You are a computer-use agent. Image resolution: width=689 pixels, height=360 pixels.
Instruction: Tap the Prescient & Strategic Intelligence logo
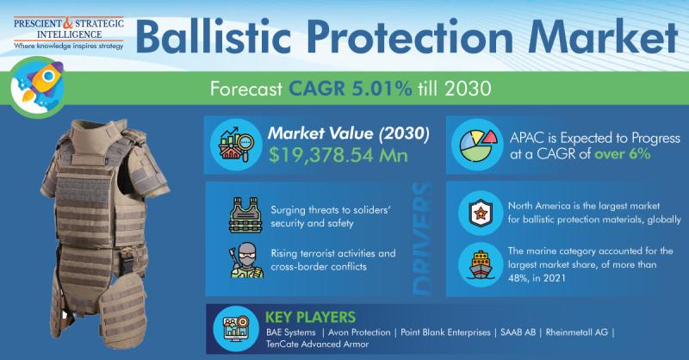click(69, 34)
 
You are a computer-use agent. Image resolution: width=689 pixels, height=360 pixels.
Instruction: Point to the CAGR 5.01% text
click(351, 89)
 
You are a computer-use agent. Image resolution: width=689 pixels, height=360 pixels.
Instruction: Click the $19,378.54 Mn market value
click(338, 155)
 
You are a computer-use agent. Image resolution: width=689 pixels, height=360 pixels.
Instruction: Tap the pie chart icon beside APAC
click(478, 145)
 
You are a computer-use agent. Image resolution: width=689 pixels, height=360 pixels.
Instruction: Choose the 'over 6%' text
click(622, 154)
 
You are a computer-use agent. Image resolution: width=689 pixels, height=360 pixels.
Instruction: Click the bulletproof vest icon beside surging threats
click(245, 215)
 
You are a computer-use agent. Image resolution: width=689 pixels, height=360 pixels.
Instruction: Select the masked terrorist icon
click(246, 260)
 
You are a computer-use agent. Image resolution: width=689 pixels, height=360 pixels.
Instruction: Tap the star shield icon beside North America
click(480, 214)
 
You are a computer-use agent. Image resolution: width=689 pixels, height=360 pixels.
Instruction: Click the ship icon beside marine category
click(481, 264)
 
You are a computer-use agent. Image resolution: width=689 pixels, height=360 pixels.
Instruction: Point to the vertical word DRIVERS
click(422, 239)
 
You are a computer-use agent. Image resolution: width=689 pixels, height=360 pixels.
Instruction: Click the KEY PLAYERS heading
click(310, 317)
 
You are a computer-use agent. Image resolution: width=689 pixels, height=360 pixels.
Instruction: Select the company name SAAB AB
click(518, 332)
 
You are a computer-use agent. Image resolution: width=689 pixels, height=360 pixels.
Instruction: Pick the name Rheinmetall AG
click(576, 332)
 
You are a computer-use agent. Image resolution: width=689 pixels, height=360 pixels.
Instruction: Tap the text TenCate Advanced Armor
click(317, 344)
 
